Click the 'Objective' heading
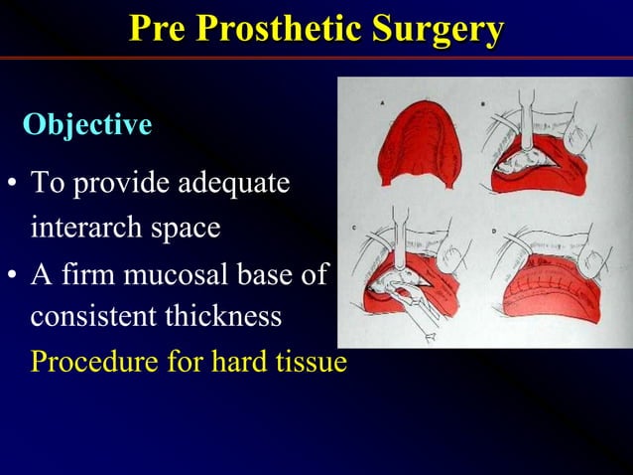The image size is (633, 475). tap(87, 125)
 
